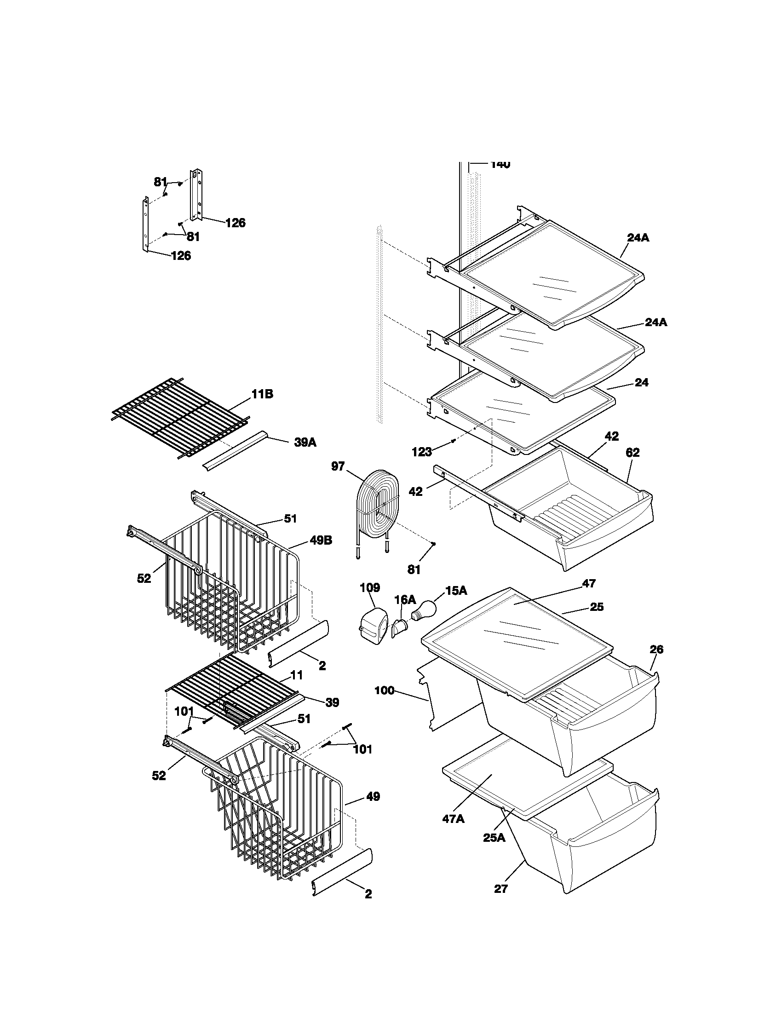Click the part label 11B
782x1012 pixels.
coord(262,394)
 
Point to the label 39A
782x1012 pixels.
coord(305,443)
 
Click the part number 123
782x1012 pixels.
coord(421,452)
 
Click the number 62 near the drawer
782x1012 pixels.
coord(632,453)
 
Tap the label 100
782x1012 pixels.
coord(384,704)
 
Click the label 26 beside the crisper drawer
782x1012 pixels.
coord(656,650)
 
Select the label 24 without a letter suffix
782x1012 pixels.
coord(641,383)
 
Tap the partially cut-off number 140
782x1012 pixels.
coord(500,165)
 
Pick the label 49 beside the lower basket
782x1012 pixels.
coord(373,797)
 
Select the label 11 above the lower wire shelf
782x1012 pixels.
coord(297,675)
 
